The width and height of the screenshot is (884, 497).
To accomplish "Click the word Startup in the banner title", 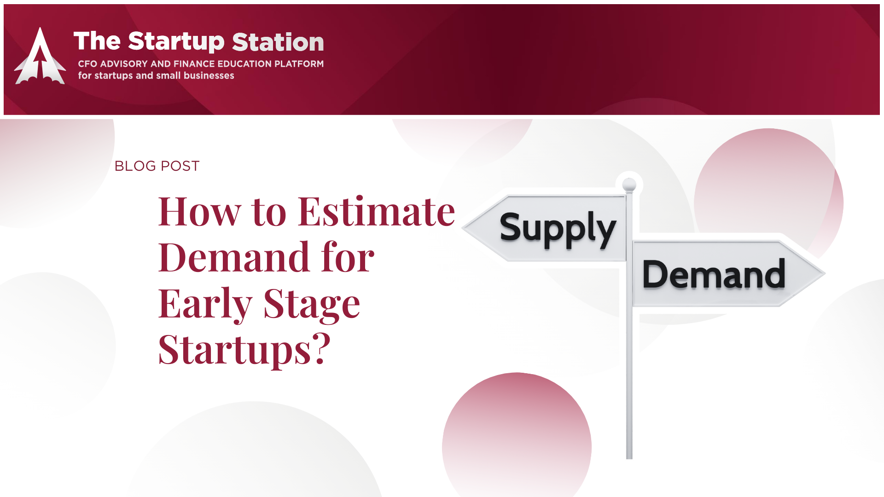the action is (176, 42).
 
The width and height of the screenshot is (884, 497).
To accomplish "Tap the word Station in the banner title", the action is (278, 42).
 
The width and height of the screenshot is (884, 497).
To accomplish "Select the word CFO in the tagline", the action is (87, 64).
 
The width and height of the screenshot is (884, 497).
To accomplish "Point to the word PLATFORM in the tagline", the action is (299, 64).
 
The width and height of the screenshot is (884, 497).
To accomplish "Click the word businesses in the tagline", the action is (209, 75).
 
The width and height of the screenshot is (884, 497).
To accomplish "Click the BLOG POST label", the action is (157, 166).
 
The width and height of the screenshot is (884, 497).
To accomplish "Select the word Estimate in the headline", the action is (377, 212).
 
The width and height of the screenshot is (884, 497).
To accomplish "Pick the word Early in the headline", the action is (205, 305).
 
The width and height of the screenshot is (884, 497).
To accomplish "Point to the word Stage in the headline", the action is (312, 305).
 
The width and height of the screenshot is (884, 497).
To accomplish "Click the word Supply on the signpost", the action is (558, 229).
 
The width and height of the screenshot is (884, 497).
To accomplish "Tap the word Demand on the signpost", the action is (714, 274).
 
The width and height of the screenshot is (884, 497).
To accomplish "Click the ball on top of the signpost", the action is (629, 185).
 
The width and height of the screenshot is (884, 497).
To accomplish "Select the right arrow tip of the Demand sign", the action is (825, 274).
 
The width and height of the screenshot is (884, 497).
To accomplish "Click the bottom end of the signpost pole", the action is (629, 458).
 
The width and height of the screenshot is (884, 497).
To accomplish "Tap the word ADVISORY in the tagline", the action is (124, 64).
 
